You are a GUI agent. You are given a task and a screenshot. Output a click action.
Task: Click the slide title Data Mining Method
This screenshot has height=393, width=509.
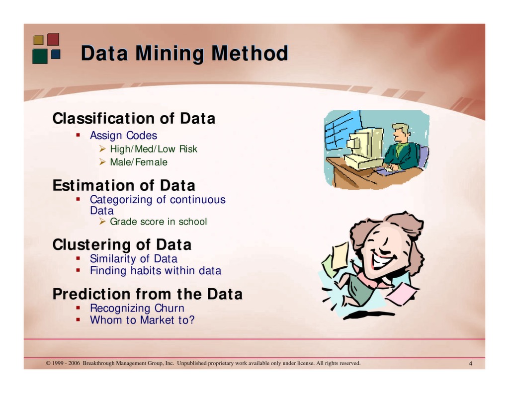click(184, 53)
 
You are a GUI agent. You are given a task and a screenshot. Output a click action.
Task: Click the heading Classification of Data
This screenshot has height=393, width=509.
click(134, 119)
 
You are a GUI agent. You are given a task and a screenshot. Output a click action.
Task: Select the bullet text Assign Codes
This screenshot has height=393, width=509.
click(123, 136)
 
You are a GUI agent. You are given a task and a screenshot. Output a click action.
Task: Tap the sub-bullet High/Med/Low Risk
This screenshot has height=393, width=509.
click(153, 149)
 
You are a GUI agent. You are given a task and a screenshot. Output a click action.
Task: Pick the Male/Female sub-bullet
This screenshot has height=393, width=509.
click(138, 162)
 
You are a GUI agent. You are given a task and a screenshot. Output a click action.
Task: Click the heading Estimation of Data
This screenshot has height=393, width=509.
click(124, 186)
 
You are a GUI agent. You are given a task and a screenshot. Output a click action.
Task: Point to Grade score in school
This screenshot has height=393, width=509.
click(158, 222)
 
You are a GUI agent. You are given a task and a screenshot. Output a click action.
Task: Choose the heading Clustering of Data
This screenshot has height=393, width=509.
click(122, 245)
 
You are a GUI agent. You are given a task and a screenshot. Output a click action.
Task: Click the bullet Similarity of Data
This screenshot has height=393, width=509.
click(133, 259)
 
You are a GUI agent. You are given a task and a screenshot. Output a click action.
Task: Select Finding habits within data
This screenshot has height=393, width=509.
click(155, 271)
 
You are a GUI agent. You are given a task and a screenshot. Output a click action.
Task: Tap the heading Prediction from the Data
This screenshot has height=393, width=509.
click(148, 294)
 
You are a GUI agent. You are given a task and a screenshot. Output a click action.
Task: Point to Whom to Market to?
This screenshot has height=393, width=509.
click(142, 320)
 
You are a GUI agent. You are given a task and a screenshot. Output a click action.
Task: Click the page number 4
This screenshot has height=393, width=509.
click(470, 364)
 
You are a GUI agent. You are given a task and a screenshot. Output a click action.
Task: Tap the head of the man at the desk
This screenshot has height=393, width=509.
click(400, 132)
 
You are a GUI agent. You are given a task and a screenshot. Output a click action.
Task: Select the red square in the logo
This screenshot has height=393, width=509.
click(53, 39)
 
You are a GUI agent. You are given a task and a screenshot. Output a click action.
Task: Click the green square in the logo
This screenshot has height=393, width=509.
click(40, 56)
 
